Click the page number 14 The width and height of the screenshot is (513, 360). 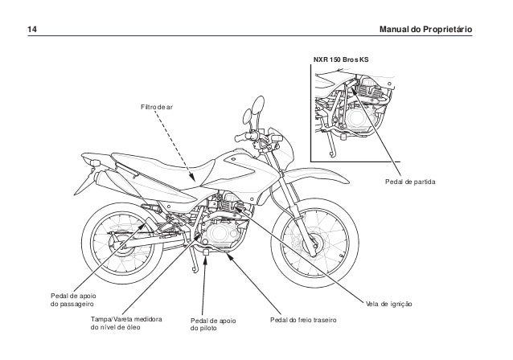(31, 30)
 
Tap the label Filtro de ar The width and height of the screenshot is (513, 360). (156, 106)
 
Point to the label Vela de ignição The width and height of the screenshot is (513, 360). (388, 305)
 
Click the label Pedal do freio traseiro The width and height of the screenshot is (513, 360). (302, 321)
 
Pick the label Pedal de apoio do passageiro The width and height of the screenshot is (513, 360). (73, 301)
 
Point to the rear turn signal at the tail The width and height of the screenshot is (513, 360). (95, 164)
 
